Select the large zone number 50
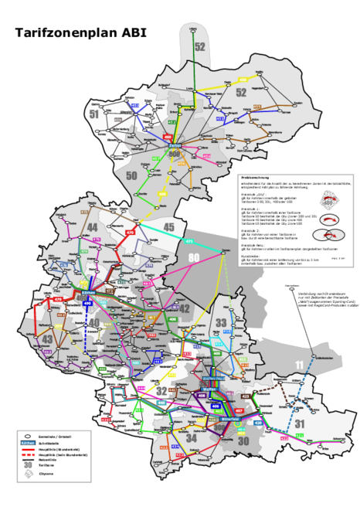[x=131, y=176]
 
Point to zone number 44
[x=92, y=226]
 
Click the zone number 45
[x=170, y=227]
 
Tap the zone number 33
[x=221, y=321]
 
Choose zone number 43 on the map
[x=48, y=339]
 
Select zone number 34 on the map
[x=192, y=439]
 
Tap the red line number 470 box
[x=130, y=232]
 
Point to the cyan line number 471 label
[x=189, y=241]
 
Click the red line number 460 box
[x=168, y=137]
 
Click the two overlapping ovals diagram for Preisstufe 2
[x=330, y=222]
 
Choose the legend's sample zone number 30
[x=28, y=466]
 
